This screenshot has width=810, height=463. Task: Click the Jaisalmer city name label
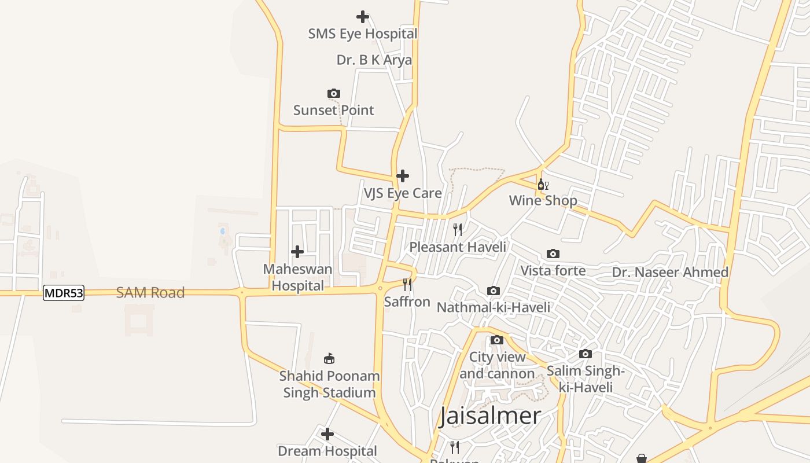point(489,416)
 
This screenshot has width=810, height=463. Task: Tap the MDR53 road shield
point(64,293)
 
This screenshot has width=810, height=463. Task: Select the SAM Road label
point(150,293)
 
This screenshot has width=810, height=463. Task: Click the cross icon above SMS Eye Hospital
point(363,17)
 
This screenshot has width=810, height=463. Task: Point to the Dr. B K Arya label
point(374,60)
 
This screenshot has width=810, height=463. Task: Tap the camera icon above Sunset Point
point(334,93)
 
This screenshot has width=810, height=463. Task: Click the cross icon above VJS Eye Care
point(403,176)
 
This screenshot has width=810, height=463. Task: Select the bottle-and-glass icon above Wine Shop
point(543,185)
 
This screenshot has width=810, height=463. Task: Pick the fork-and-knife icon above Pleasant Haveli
point(458,230)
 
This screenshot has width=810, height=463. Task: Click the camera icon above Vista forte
point(553,253)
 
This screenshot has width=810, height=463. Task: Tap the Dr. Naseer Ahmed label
point(670,272)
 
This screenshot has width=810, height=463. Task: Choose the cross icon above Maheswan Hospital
point(297,252)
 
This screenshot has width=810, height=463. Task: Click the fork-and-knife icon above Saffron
point(407,284)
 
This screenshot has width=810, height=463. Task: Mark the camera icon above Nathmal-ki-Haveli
point(494,291)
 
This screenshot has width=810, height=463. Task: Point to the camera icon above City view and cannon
point(497,340)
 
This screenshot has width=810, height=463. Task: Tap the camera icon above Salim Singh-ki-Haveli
point(586,354)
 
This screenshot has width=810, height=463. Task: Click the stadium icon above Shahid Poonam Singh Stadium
point(329,359)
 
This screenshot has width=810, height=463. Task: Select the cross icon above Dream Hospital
point(327,434)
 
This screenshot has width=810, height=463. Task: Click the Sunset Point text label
point(334,110)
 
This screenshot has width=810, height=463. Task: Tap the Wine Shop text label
point(543,201)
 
